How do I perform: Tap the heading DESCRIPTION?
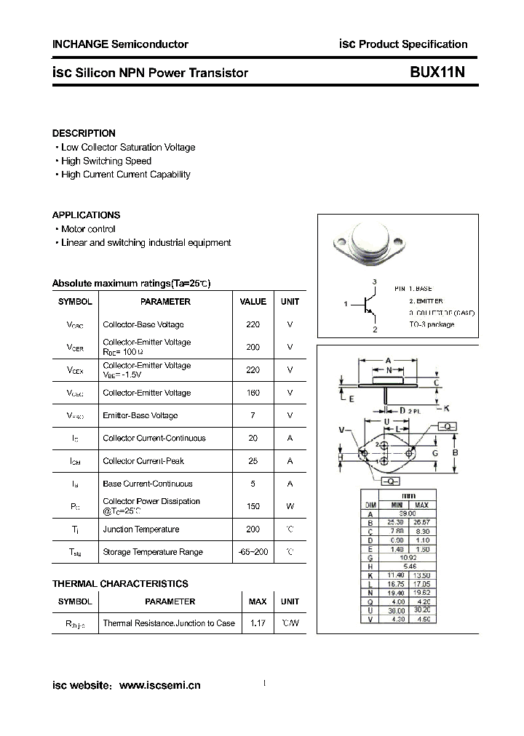84,133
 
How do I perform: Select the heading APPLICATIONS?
86,215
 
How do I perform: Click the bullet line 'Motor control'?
88,229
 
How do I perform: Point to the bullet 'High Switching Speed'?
106,161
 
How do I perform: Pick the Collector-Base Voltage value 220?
253,324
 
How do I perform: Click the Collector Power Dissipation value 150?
253,506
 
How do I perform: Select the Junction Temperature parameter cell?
141,529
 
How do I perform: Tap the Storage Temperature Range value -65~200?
253,552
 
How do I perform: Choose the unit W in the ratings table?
290,506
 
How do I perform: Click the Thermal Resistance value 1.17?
258,623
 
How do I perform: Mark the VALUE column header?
253,301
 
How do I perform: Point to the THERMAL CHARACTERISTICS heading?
120,584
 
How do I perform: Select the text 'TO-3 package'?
432,324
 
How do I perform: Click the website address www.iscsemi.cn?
159,685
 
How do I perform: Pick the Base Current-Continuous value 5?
253,484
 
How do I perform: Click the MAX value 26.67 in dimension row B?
421,522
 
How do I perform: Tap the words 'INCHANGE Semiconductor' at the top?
120,44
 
